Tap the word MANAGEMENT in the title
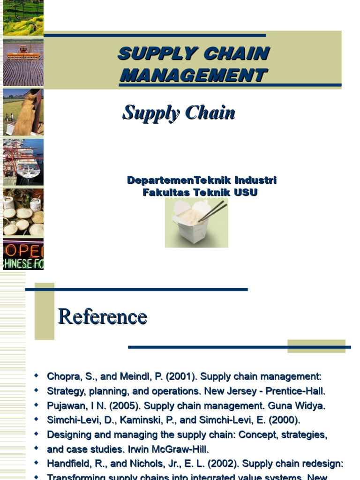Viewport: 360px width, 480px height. tap(193, 75)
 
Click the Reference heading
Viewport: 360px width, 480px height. tap(102, 317)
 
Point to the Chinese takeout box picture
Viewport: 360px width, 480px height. tap(196, 222)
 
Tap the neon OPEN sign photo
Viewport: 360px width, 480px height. tap(23, 254)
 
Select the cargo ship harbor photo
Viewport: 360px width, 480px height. tap(23, 162)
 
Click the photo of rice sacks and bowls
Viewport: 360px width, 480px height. tap(23, 212)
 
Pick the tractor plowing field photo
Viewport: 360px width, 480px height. tap(23, 62)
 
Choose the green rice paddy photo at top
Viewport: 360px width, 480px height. tap(23, 17)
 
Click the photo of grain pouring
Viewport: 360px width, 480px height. tap(23, 112)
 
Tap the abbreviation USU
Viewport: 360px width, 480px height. tap(247, 193)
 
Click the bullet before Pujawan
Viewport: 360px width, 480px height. tap(37, 405)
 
